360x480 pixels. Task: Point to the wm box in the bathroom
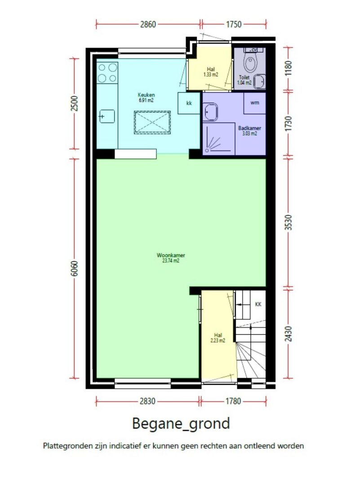254,103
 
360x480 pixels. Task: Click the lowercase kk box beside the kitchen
189,103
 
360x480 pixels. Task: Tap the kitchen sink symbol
107,117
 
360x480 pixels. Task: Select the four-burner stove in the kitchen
107,73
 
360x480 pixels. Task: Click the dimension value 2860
148,24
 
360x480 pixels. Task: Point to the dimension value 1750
234,24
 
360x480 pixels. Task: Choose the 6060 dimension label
74,269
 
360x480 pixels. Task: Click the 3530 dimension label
288,223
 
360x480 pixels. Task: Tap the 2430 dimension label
288,334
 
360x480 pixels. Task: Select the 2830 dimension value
147,401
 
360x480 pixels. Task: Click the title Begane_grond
181,424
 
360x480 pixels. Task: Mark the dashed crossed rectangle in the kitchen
152,122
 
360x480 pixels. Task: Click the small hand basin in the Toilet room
259,82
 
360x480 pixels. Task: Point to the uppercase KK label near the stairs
258,304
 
